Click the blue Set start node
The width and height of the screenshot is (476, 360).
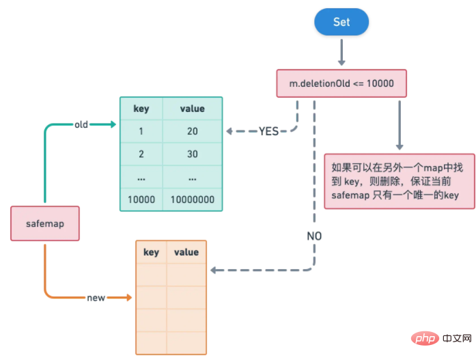click(341, 22)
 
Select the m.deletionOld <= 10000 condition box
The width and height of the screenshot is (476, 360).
click(341, 83)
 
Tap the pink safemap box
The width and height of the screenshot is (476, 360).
click(45, 223)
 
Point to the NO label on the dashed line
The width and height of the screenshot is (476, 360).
click(314, 236)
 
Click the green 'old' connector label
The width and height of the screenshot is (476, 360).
click(82, 124)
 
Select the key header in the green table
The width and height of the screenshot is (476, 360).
click(141, 109)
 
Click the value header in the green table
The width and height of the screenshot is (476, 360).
click(192, 109)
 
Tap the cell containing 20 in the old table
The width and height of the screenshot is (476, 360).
click(192, 132)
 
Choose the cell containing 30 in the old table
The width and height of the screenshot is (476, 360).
click(192, 154)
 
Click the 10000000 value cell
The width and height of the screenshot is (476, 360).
click(192, 200)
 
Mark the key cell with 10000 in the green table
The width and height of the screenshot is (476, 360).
click(141, 200)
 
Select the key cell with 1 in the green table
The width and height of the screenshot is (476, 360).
click(141, 132)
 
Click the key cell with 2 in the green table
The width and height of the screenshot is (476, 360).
click(141, 154)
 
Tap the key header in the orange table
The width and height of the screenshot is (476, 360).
click(151, 252)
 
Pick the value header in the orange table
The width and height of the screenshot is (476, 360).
click(186, 252)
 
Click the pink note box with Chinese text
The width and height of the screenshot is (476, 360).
click(399, 181)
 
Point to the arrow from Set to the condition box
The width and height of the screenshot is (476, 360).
click(341, 52)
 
